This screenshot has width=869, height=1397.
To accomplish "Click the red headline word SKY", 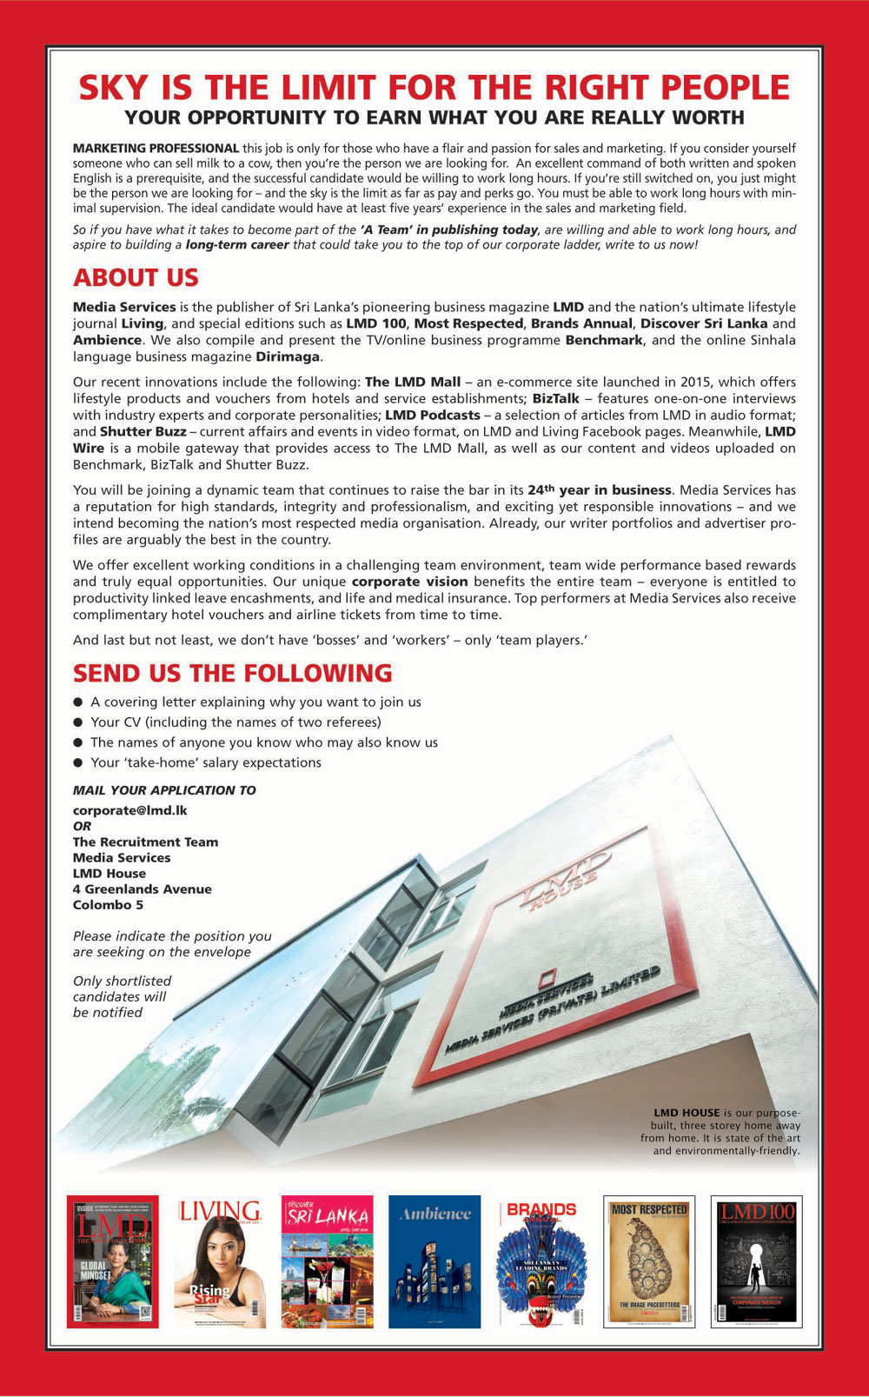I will (110, 88).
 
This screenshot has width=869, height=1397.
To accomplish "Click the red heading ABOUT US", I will (136, 277).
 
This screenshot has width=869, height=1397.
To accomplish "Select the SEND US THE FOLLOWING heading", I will (232, 673).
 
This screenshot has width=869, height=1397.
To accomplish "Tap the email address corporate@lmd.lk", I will (129, 810).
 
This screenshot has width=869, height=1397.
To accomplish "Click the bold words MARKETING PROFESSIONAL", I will (156, 149).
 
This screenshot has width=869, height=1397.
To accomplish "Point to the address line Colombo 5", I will (108, 904).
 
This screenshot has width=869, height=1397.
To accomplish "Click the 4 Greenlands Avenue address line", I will (142, 888).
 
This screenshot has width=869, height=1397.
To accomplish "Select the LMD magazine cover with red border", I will (113, 1261).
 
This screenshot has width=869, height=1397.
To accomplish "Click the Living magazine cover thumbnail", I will (220, 1261).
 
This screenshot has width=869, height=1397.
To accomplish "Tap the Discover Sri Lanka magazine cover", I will (328, 1261).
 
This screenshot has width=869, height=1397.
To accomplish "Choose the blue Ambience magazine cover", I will (434, 1261).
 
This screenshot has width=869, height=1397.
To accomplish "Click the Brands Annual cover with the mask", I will (541, 1261).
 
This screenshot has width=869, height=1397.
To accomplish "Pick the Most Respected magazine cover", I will (649, 1261).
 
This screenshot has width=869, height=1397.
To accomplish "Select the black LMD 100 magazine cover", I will (756, 1261).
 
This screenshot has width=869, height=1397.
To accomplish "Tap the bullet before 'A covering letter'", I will (78, 702).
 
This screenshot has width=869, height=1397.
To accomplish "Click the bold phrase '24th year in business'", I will (600, 489).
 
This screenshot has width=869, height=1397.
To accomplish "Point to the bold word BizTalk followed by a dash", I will (555, 398).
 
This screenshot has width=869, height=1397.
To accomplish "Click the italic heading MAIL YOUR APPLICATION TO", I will (164, 790).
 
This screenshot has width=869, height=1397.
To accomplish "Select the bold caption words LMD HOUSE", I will (687, 1113).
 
